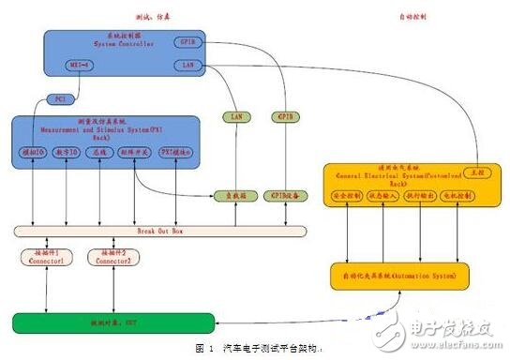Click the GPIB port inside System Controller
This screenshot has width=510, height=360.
pos(186,42)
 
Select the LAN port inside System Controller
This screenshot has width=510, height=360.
pos(186,65)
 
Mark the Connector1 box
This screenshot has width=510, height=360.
pos(39,256)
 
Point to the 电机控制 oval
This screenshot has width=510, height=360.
pos(457,196)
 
